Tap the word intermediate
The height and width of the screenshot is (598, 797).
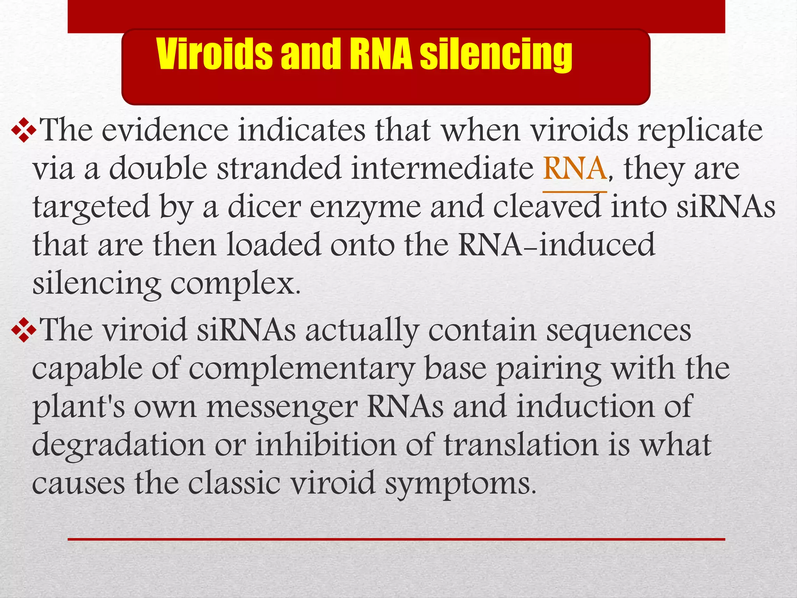pyautogui.click(x=442, y=168)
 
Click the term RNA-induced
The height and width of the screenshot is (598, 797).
pyautogui.click(x=556, y=244)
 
